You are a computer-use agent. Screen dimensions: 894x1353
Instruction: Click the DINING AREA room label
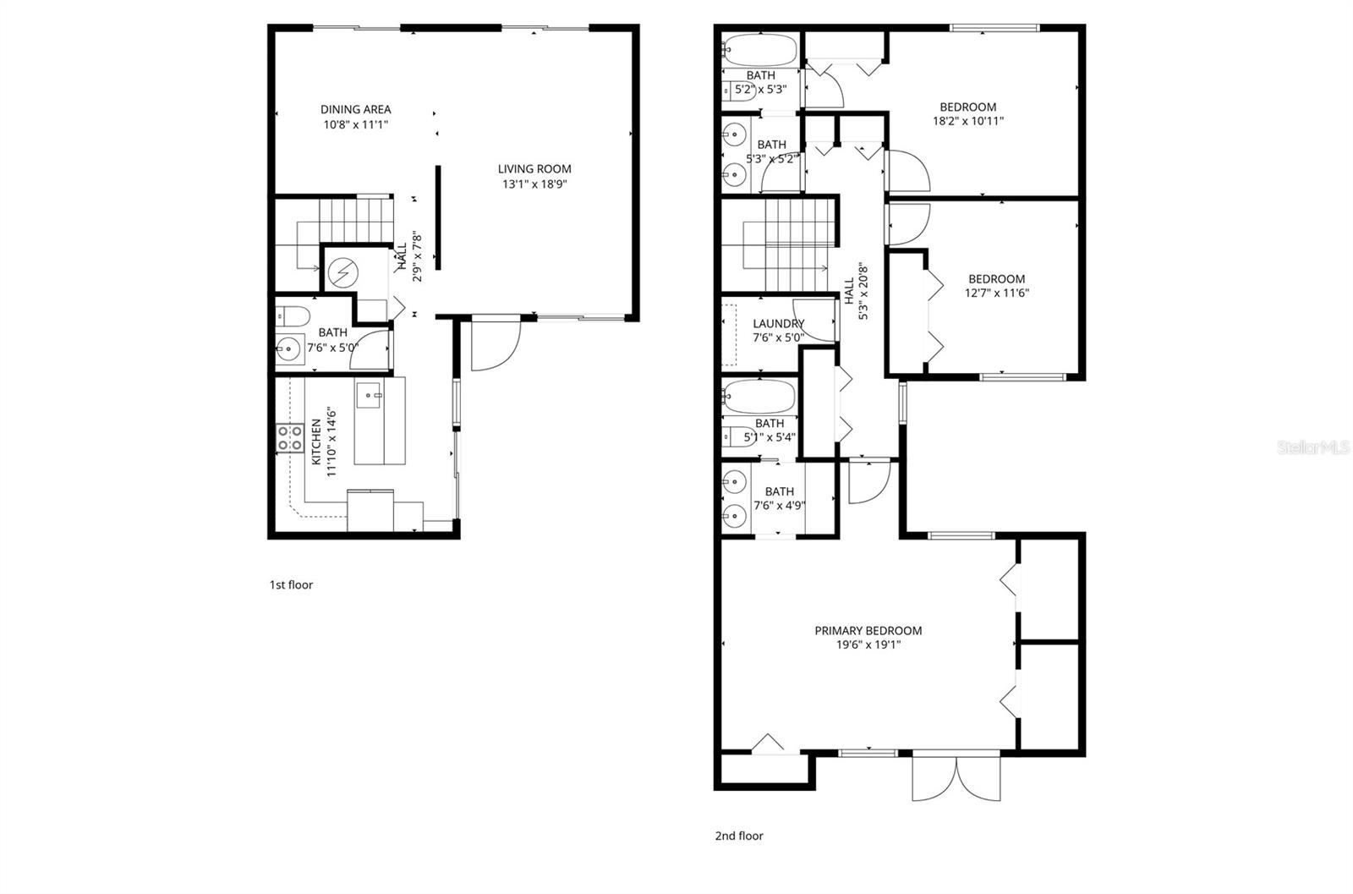click(355, 109)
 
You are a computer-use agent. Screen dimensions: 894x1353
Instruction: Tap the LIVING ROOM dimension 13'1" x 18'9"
click(534, 184)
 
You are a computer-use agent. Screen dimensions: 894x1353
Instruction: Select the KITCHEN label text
click(316, 442)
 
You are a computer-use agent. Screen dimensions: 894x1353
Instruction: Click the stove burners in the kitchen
click(290, 437)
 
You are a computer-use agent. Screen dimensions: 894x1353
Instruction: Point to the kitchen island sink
click(370, 394)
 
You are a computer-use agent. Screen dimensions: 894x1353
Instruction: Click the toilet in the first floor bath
click(292, 316)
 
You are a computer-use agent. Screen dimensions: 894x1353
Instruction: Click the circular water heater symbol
click(343, 272)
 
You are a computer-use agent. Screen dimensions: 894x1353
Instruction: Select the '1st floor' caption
click(291, 584)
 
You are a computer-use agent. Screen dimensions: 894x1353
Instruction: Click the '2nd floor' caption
click(739, 836)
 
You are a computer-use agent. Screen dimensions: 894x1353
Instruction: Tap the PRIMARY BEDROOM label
click(868, 630)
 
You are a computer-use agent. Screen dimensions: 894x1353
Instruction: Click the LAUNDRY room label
click(778, 323)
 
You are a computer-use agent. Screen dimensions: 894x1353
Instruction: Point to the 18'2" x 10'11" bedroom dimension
click(967, 121)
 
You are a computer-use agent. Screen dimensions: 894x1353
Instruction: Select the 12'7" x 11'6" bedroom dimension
click(996, 293)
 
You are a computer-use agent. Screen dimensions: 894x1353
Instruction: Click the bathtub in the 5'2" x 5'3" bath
click(760, 50)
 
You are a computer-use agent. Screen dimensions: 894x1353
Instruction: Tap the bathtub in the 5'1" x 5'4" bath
click(759, 397)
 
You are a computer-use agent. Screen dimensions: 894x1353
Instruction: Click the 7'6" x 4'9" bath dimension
click(779, 506)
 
